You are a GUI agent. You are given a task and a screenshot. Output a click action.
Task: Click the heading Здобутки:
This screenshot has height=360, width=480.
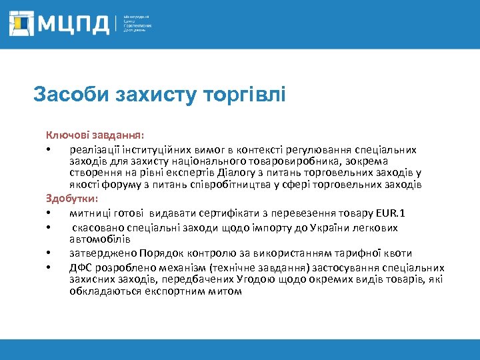coord(72,199)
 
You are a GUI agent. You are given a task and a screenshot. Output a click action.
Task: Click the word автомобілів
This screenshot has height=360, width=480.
coord(100,239)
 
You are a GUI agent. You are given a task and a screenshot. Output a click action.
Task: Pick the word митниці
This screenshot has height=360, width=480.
coord(89,213)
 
